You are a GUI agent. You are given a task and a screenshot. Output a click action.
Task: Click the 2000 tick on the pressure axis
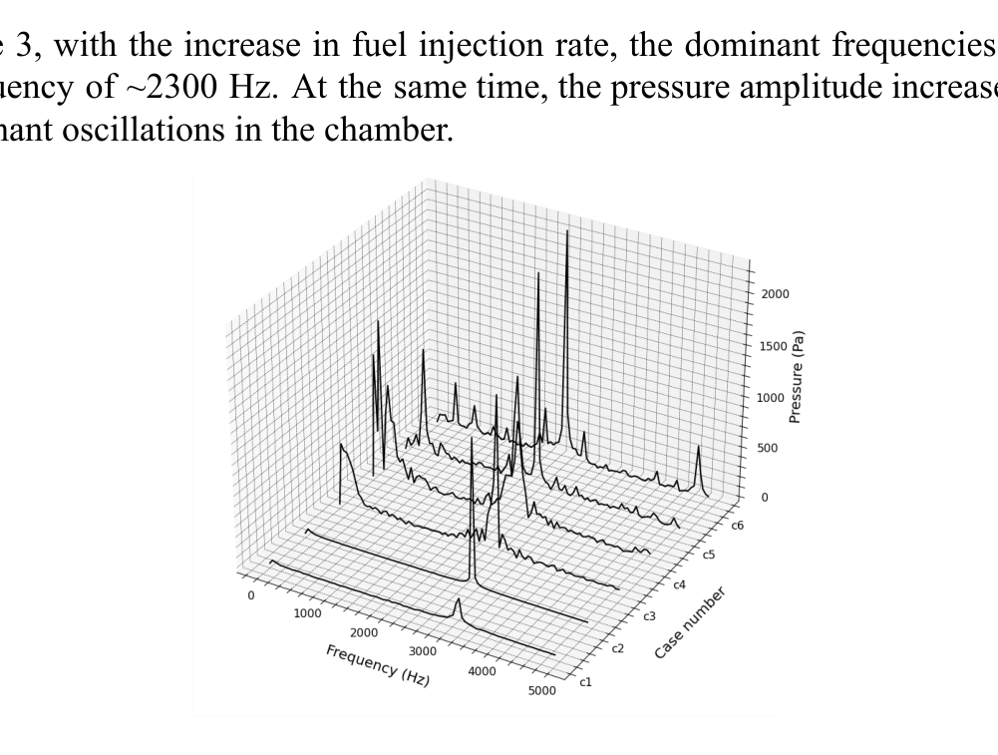(776, 295)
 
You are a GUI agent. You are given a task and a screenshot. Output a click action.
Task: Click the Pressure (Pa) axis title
(796, 377)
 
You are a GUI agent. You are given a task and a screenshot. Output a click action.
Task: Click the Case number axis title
(689, 623)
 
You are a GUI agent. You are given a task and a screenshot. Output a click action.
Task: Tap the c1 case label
(585, 683)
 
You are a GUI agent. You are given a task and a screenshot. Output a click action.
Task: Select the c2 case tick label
(617, 649)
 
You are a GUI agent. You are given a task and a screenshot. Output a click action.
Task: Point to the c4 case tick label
(680, 584)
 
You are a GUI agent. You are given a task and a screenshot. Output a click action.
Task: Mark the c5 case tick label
(709, 554)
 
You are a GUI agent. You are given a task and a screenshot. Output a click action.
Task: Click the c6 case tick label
(738, 525)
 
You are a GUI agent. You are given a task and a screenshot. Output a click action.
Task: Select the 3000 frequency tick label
(423, 651)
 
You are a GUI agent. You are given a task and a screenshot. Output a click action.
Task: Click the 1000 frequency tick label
(307, 613)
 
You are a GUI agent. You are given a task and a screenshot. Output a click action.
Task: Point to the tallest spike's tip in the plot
(567, 231)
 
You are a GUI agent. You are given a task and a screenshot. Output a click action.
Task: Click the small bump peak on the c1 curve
(458, 601)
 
